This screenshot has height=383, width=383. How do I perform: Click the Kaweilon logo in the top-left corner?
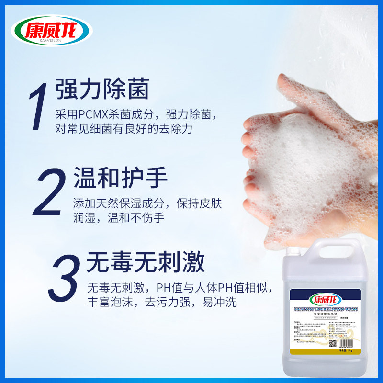51,30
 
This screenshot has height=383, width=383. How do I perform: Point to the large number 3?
65,278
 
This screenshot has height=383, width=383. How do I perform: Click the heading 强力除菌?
102,89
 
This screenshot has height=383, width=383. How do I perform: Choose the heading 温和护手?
120,178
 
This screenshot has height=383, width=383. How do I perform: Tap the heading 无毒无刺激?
146,262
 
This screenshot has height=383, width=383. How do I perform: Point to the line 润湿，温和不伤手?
119,217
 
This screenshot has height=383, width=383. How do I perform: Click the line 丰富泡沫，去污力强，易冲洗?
162,303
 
